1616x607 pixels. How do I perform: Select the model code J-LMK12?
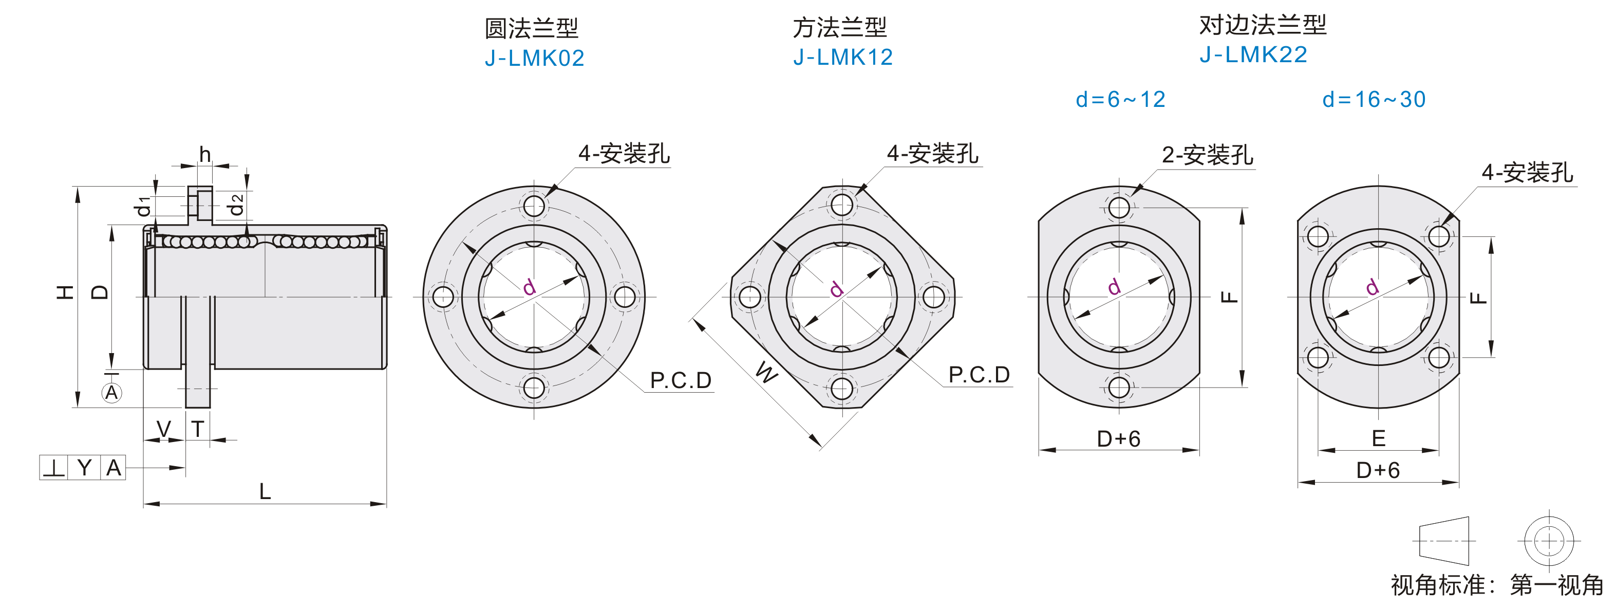[x=842, y=57]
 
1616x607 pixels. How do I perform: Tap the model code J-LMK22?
[x=1253, y=54]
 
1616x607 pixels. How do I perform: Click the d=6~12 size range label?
[x=1120, y=99]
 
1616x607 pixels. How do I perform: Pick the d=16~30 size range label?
[x=1374, y=99]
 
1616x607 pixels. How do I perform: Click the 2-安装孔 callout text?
[x=1208, y=154]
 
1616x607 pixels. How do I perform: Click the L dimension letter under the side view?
[x=266, y=491]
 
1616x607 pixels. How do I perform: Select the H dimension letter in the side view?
[x=65, y=291]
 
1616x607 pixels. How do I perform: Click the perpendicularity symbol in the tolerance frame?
[x=54, y=468]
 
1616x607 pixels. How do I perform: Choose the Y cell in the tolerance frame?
[x=84, y=468]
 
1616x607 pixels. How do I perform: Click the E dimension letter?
[x=1378, y=438]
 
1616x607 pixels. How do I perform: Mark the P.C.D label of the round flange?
[x=681, y=380]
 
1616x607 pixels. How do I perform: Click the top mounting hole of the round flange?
[x=534, y=206]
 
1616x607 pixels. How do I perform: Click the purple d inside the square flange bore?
[x=836, y=289]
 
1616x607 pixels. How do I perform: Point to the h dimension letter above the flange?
[x=205, y=154]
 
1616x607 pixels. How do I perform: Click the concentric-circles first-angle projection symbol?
[x=1549, y=541]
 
